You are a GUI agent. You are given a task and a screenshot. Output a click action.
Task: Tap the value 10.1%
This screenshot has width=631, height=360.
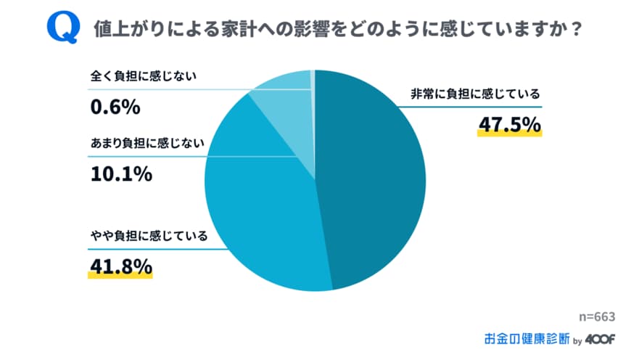tap(120, 174)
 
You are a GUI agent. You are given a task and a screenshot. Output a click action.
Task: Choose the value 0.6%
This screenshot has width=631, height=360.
tap(115, 107)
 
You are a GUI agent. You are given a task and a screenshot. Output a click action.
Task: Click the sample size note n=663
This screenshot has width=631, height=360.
tap(597, 316)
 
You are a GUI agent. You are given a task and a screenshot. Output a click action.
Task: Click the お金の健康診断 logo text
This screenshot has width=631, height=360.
tap(527, 338)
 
